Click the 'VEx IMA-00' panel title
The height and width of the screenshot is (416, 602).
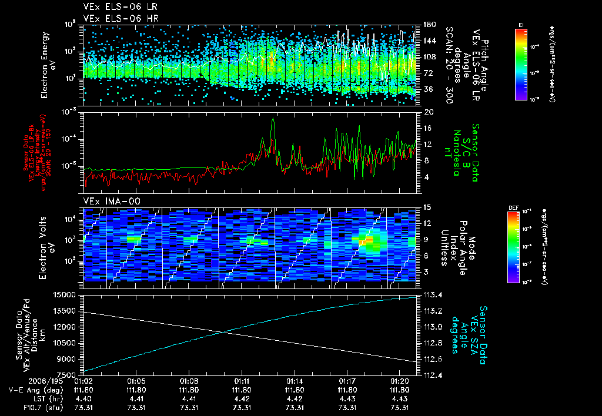click(x=106, y=201)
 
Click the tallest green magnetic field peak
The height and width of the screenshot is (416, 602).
click(x=273, y=119)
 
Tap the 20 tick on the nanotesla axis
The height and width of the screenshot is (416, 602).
click(x=429, y=112)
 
